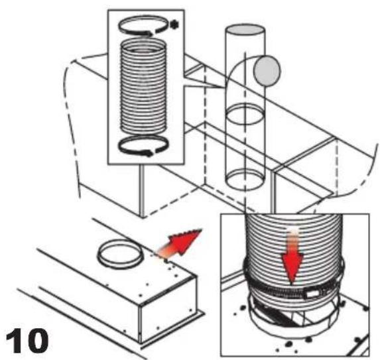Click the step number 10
click(x=27, y=341)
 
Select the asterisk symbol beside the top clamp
click(x=174, y=25)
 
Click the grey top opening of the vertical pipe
click(x=245, y=30)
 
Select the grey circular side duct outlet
click(x=267, y=70)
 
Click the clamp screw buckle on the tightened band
click(x=312, y=294)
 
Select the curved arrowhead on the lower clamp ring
click(x=147, y=152)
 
